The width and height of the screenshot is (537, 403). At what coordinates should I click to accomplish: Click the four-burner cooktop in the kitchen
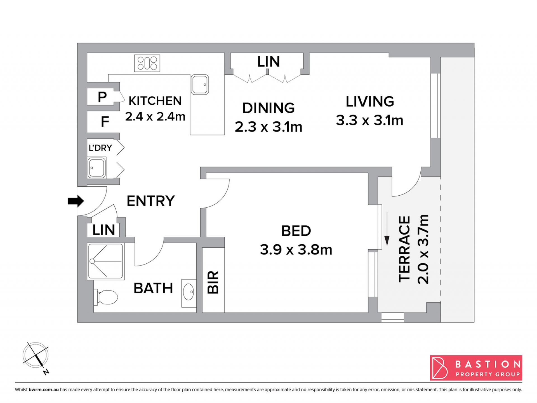[147, 63]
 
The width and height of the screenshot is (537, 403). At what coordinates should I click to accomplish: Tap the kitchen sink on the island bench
[200, 85]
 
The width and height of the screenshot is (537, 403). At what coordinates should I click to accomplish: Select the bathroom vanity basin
[189, 293]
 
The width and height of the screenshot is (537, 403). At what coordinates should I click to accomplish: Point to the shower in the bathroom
[105, 261]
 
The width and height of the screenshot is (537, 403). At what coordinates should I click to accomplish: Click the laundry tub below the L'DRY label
[97, 168]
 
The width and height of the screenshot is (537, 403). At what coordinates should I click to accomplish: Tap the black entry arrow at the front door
[76, 201]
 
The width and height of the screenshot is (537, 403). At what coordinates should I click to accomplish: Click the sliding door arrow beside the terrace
[387, 229]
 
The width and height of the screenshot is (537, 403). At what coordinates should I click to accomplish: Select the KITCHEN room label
[155, 101]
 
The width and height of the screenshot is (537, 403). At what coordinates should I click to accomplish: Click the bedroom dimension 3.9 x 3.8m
[296, 250]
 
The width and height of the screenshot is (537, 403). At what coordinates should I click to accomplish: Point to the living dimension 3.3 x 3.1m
[369, 120]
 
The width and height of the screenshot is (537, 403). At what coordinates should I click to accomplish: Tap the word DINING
[268, 108]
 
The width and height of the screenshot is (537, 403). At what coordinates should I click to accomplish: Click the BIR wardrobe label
[213, 282]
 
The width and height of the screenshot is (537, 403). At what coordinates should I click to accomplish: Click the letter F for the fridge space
[105, 122]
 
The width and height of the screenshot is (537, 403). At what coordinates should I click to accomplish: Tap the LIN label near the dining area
[268, 62]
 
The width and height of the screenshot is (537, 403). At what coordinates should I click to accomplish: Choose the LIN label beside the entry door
[104, 230]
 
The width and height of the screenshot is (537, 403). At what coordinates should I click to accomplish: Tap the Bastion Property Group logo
[476, 368]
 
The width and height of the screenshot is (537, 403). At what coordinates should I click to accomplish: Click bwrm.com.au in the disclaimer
[44, 390]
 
